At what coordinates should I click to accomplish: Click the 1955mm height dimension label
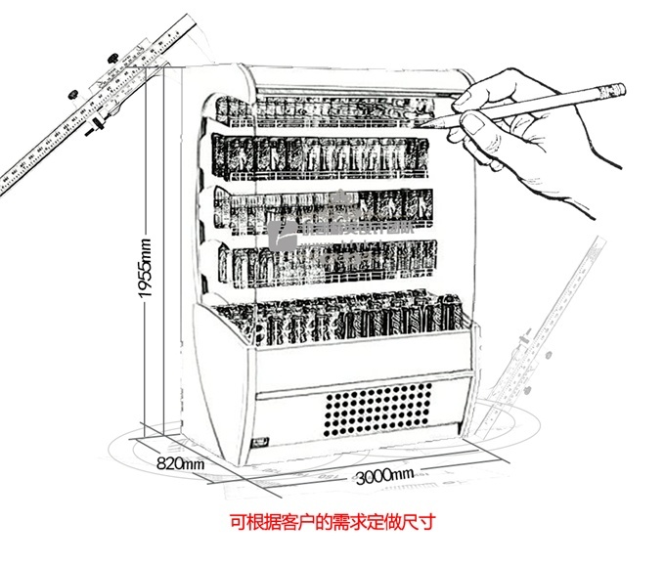(x=145, y=270)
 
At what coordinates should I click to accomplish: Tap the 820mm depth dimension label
(x=179, y=463)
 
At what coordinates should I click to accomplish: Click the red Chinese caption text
(x=332, y=523)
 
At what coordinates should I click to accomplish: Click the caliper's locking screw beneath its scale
(x=98, y=125)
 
